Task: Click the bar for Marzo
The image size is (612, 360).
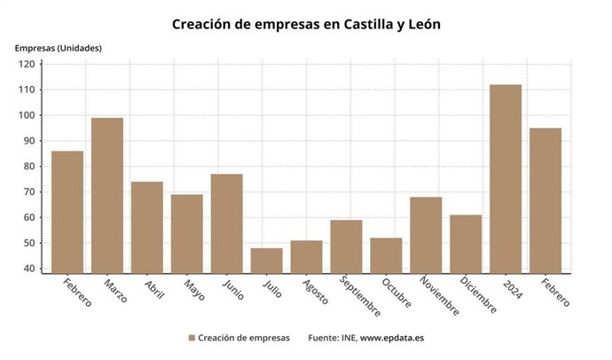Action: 107,195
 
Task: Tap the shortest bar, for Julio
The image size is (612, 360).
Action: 267,261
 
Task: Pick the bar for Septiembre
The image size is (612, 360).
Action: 346,247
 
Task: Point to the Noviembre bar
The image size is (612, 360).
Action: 426,235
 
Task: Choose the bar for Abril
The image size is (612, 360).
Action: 147,227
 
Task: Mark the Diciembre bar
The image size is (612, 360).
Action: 466,244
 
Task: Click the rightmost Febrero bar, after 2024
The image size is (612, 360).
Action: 545,200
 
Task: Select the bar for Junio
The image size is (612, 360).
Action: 227,223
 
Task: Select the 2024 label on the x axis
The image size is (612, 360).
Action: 511,287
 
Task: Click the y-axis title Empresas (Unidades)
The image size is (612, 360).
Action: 58,48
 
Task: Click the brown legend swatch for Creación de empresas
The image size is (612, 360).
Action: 192,338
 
